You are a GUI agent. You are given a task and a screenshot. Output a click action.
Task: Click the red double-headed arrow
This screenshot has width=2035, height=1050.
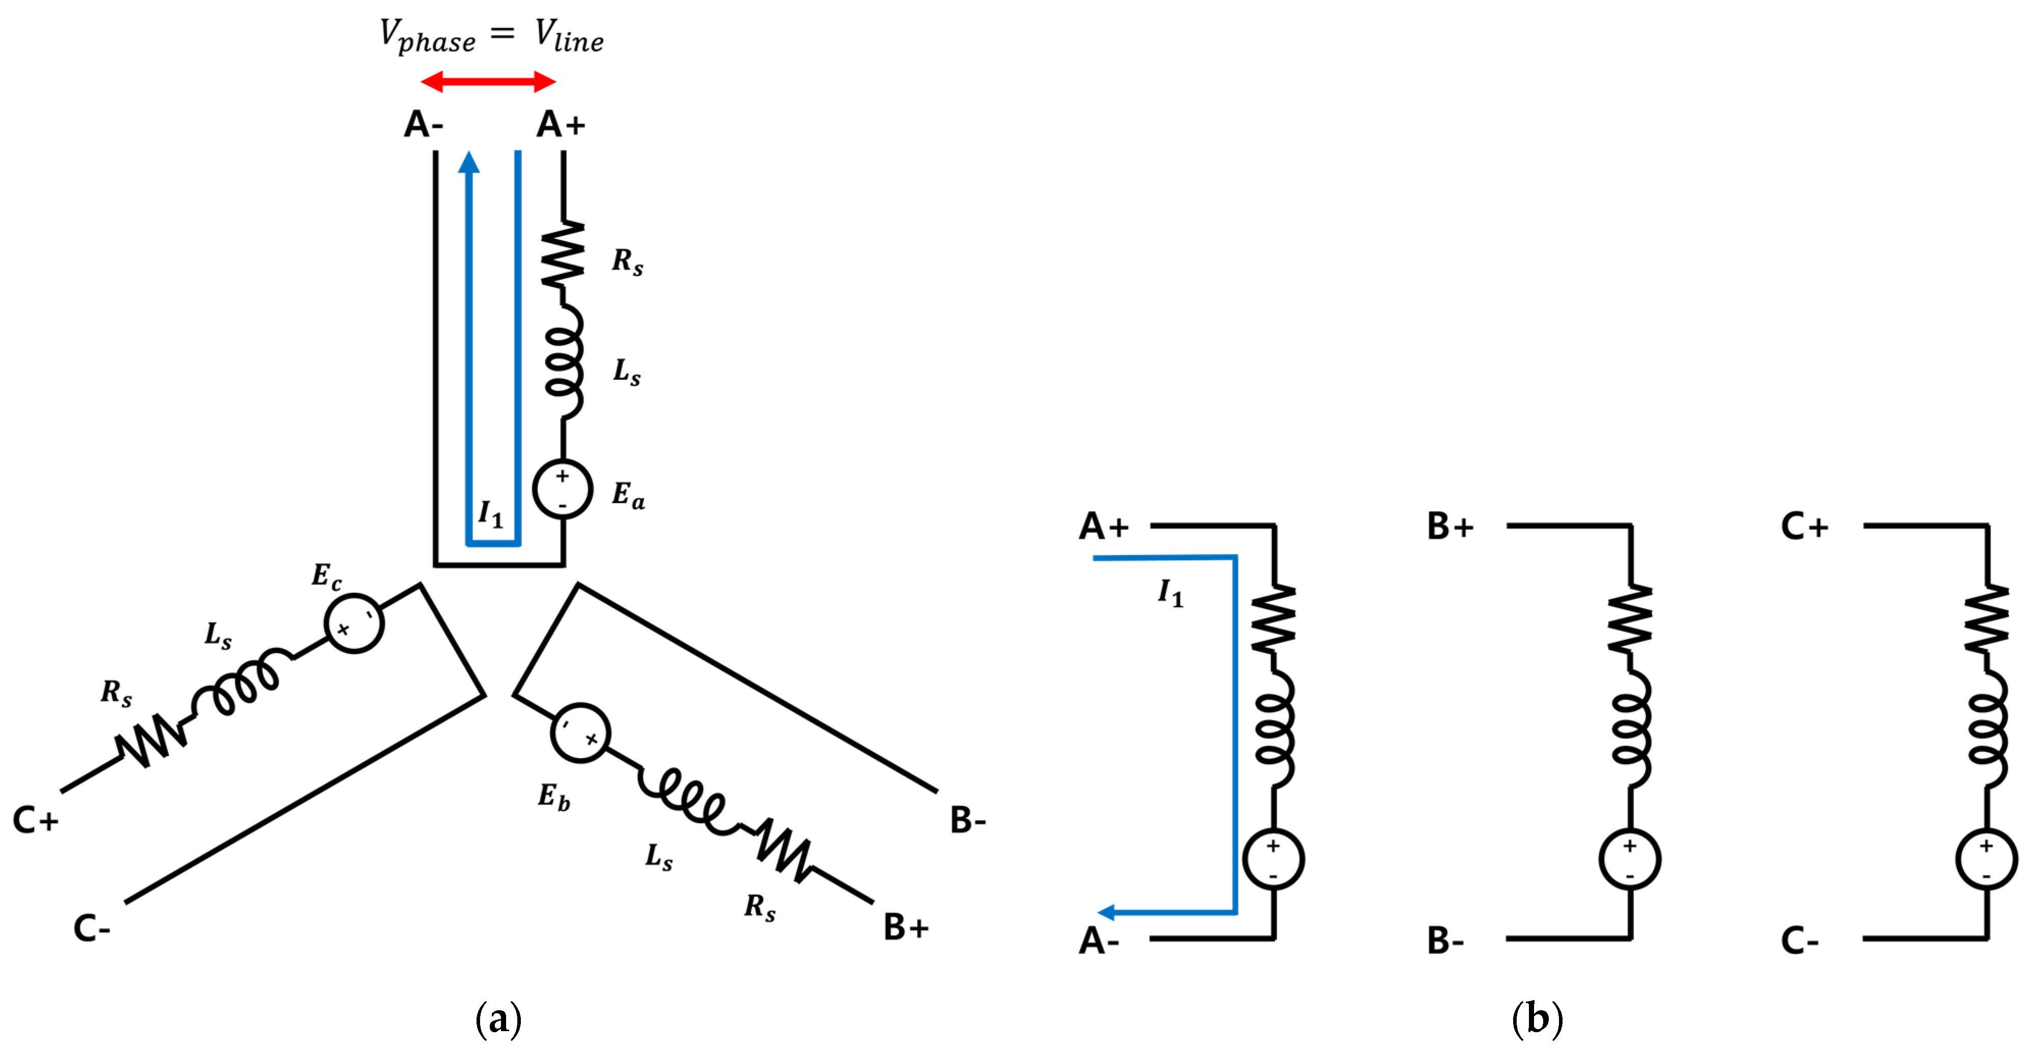point(488,81)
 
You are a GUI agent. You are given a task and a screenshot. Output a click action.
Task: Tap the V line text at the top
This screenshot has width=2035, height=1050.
point(569,36)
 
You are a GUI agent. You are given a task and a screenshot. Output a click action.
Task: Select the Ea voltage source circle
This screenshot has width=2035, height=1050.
point(563,489)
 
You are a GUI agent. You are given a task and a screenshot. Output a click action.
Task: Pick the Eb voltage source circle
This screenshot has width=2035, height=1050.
point(580,732)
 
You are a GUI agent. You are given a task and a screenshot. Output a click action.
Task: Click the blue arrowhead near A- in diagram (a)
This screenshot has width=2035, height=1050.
point(469,162)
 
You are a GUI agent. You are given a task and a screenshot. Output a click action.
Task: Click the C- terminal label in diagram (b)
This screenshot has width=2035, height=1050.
point(1800,941)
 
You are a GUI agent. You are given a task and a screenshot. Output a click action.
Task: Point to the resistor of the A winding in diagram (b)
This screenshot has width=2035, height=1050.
point(1274,619)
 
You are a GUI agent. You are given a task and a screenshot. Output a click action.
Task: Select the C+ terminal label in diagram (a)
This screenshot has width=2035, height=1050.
point(36,820)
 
